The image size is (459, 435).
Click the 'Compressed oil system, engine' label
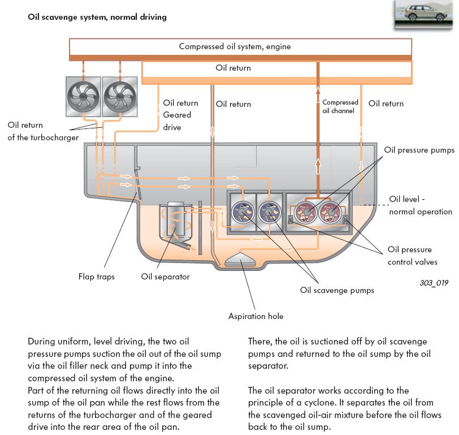(235, 46)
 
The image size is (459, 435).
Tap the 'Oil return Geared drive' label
(180, 115)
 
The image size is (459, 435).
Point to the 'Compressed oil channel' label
(340, 106)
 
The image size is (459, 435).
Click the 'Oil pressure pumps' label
(419, 150)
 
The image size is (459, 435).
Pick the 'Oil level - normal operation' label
(421, 205)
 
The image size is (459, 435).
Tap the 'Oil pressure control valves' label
(409, 256)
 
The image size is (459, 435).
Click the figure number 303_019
(434, 283)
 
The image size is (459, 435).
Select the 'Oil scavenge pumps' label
(336, 290)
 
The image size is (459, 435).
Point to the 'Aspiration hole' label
(256, 316)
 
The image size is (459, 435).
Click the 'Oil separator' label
(165, 277)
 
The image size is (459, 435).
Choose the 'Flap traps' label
(97, 277)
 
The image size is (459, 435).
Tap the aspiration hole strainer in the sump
(242, 260)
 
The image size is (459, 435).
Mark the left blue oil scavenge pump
(242, 212)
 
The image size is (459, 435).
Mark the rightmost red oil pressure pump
(330, 213)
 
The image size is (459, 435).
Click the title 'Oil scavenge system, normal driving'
(97, 17)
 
